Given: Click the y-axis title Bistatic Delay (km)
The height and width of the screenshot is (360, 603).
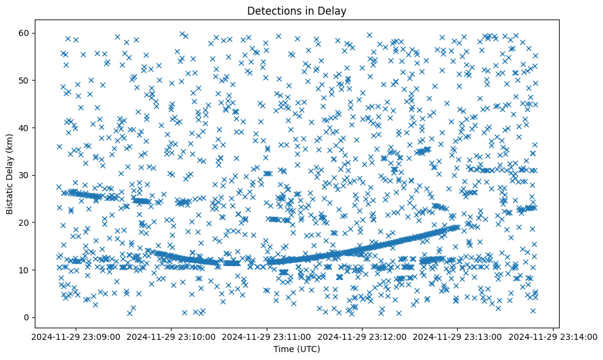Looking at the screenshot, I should coord(10,174).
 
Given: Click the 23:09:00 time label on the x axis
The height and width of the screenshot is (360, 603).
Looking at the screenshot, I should coord(76,336).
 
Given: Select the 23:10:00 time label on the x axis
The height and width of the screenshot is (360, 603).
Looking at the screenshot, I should coord(172,336).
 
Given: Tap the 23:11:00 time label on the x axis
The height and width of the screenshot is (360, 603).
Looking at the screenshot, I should coord(267,336).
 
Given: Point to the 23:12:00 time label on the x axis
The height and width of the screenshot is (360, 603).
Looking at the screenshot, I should coord(363,336).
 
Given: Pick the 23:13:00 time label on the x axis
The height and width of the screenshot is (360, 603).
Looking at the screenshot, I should coord(458,336).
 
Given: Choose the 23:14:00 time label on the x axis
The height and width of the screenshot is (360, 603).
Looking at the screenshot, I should coord(553,336).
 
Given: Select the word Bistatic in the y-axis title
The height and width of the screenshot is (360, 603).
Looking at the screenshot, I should coord(10,196).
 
